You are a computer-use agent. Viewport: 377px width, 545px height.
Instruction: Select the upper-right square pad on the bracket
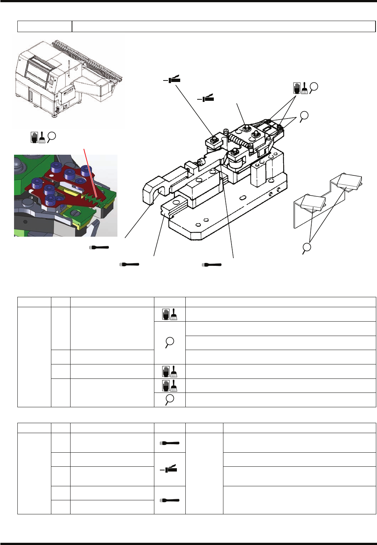pyautogui.click(x=349, y=181)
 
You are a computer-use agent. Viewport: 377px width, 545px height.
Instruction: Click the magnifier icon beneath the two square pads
pyautogui.click(x=306, y=248)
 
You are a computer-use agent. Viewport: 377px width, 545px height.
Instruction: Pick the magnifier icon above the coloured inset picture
pyautogui.click(x=52, y=137)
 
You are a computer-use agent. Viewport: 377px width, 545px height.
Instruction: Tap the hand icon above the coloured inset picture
pyautogui.click(x=34, y=137)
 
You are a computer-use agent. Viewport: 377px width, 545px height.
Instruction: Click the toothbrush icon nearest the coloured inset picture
pyautogui.click(x=99, y=247)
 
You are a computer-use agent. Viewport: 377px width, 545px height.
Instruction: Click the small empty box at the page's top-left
pyautogui.click(x=45, y=27)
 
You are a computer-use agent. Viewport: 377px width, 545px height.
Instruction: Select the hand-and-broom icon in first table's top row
pyautogui.click(x=169, y=314)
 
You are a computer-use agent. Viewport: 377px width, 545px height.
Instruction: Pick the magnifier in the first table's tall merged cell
pyautogui.click(x=169, y=342)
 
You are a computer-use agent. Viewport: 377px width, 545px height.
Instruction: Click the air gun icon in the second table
pyautogui.click(x=169, y=469)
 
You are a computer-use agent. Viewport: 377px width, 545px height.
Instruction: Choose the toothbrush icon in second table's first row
pyautogui.click(x=169, y=443)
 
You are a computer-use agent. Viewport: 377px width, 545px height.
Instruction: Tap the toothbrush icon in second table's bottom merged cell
pyautogui.click(x=169, y=500)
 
